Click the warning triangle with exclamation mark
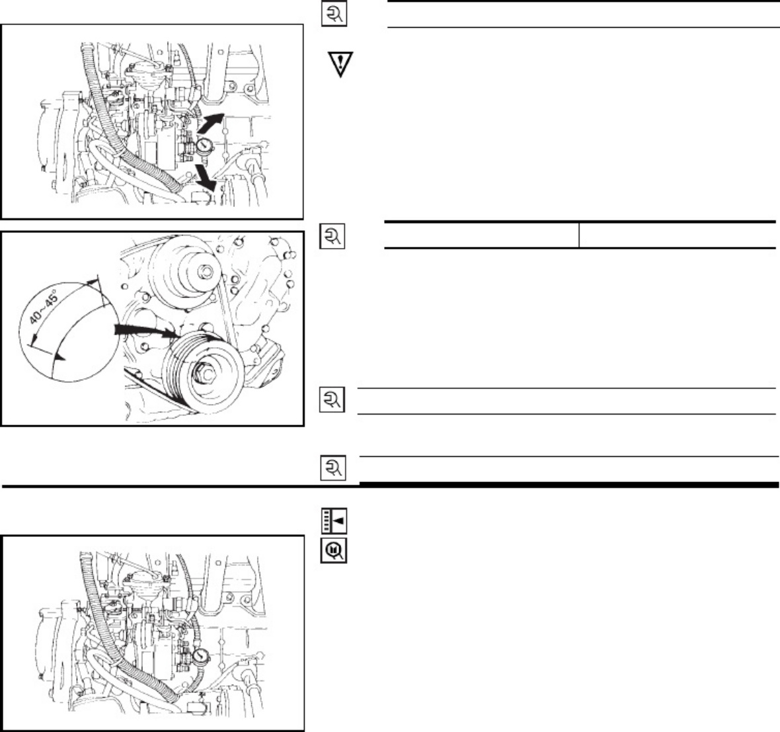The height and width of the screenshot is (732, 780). tap(340, 63)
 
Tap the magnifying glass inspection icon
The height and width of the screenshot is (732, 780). tap(333, 550)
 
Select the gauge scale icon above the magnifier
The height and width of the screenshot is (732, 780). tap(334, 521)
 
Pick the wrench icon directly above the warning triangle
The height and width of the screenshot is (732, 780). tap(334, 14)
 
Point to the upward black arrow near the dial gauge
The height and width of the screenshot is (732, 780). tap(211, 122)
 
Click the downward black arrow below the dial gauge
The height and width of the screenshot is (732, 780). tap(205, 178)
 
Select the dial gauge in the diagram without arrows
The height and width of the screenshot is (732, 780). tap(201, 657)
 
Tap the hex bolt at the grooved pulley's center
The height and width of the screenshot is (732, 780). tap(205, 372)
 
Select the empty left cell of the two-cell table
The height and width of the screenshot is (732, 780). tap(481, 235)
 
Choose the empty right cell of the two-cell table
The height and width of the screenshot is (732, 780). tap(677, 235)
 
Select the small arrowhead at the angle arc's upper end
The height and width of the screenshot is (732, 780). tap(91, 282)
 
